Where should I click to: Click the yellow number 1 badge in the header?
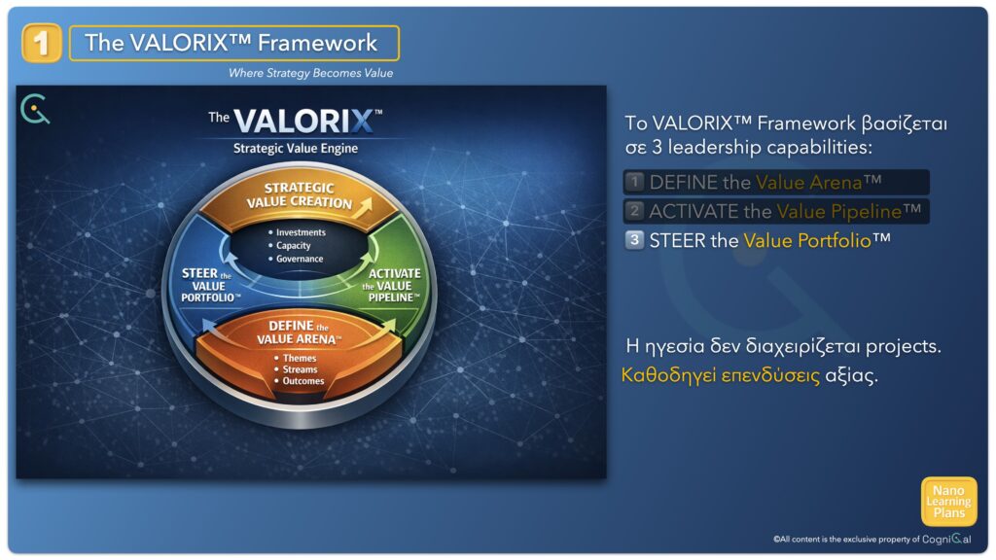pos(41,43)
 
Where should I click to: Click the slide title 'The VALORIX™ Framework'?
pos(231,43)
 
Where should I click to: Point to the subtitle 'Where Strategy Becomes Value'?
pos(310,73)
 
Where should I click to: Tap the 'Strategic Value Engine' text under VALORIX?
pos(296,148)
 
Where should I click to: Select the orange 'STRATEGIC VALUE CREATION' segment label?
pos(300,194)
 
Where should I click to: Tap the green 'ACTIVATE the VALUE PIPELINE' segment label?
pos(392,285)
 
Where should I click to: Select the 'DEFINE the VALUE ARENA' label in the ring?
pos(299,332)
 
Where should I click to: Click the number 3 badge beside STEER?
pos(634,240)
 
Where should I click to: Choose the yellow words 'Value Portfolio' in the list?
pos(806,241)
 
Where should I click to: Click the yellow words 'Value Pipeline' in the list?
pos(838,211)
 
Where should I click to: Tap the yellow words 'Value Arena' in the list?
pos(808,182)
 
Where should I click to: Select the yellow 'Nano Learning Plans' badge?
pos(949,502)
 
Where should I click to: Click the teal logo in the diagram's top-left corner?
pos(35,109)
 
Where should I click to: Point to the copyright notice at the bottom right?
pos(872,539)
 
